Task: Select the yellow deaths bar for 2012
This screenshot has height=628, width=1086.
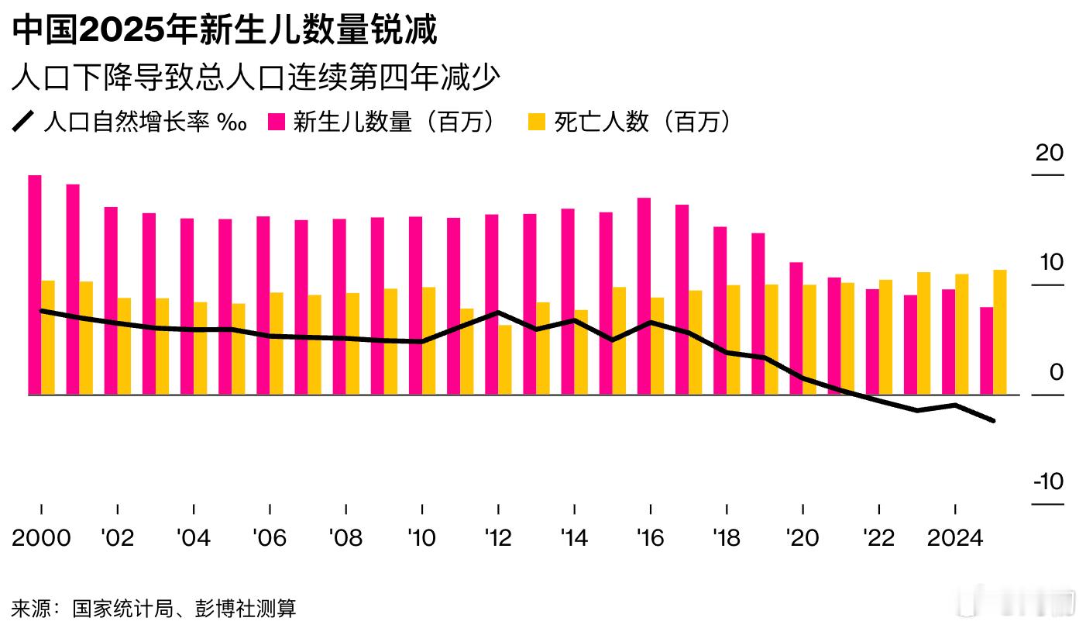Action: coord(504,360)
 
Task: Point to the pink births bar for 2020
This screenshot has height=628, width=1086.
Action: coord(796,329)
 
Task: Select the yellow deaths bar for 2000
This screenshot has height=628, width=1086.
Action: coord(48,337)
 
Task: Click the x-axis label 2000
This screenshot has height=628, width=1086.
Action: coord(41,538)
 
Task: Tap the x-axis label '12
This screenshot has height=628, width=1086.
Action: coord(497,538)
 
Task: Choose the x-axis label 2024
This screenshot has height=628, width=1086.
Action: coord(955,538)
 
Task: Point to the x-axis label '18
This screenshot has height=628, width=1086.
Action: coord(726,538)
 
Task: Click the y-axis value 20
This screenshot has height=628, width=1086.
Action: coord(1050,153)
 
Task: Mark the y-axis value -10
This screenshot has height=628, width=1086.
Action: coord(1049,481)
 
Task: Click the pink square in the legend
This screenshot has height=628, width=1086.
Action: coord(277,122)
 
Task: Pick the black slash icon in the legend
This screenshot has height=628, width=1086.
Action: coord(24,122)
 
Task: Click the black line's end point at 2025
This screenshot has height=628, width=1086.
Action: coord(993,421)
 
